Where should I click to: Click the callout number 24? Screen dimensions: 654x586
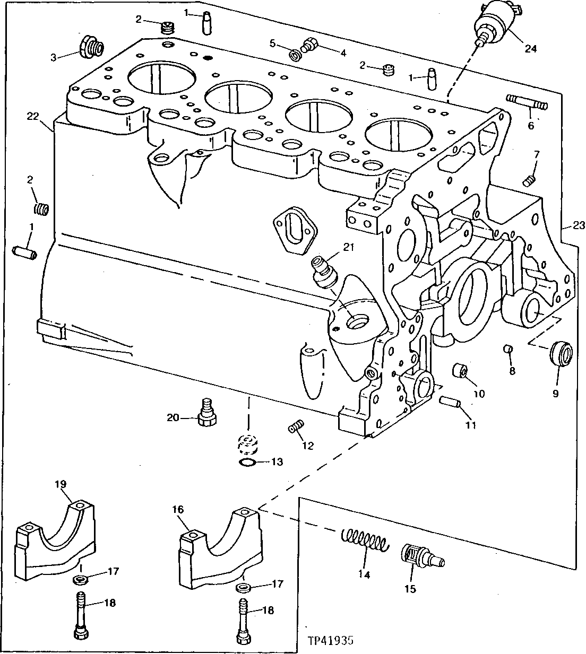click(x=530, y=49)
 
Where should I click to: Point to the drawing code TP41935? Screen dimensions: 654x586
click(x=330, y=640)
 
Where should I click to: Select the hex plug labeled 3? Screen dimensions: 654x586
click(x=91, y=47)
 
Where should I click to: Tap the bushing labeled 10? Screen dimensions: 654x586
click(x=460, y=372)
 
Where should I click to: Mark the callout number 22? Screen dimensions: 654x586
click(x=33, y=116)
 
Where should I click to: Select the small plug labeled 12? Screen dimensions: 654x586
click(x=295, y=426)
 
